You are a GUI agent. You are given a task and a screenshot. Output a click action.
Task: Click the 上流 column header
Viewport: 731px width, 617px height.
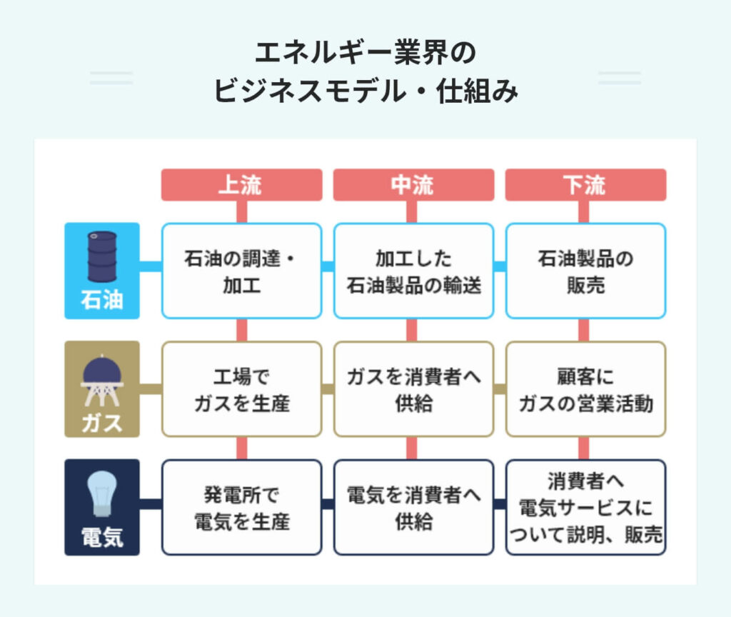[241, 185]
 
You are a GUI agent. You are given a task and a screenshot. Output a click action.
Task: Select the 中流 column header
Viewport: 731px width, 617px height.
[413, 185]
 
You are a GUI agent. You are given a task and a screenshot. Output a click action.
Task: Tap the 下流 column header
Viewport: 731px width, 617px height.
[585, 185]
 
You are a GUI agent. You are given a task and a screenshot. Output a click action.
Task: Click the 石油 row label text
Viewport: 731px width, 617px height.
[102, 299]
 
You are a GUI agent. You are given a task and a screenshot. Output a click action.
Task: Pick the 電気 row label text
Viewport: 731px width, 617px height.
[102, 537]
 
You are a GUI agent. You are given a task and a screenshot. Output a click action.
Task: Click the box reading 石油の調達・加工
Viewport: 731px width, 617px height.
[241, 271]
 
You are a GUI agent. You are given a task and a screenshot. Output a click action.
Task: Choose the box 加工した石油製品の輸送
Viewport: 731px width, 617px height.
[413, 271]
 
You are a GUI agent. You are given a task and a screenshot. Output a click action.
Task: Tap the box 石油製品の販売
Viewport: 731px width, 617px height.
[585, 271]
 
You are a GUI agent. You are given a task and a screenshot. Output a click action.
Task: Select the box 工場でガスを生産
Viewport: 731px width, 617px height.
[241, 389]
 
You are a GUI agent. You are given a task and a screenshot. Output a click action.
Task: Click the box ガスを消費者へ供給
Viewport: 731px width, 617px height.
[413, 389]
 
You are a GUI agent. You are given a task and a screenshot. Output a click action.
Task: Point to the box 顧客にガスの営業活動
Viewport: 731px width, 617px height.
[585, 389]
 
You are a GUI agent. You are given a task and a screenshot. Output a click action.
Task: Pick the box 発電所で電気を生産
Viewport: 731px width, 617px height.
[241, 507]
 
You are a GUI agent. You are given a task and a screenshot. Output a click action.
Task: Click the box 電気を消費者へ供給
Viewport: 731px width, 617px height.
[413, 507]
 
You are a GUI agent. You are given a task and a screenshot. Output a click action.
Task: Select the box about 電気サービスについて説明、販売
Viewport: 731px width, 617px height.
[585, 507]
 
